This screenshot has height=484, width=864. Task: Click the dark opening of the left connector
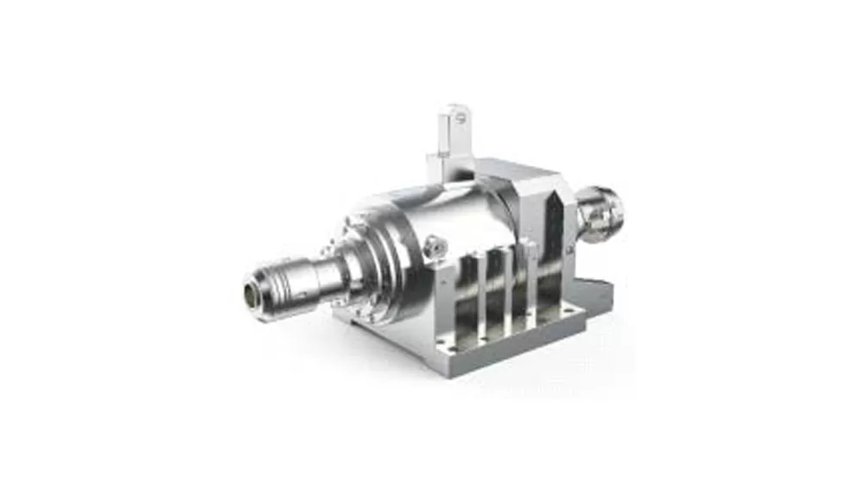256,290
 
